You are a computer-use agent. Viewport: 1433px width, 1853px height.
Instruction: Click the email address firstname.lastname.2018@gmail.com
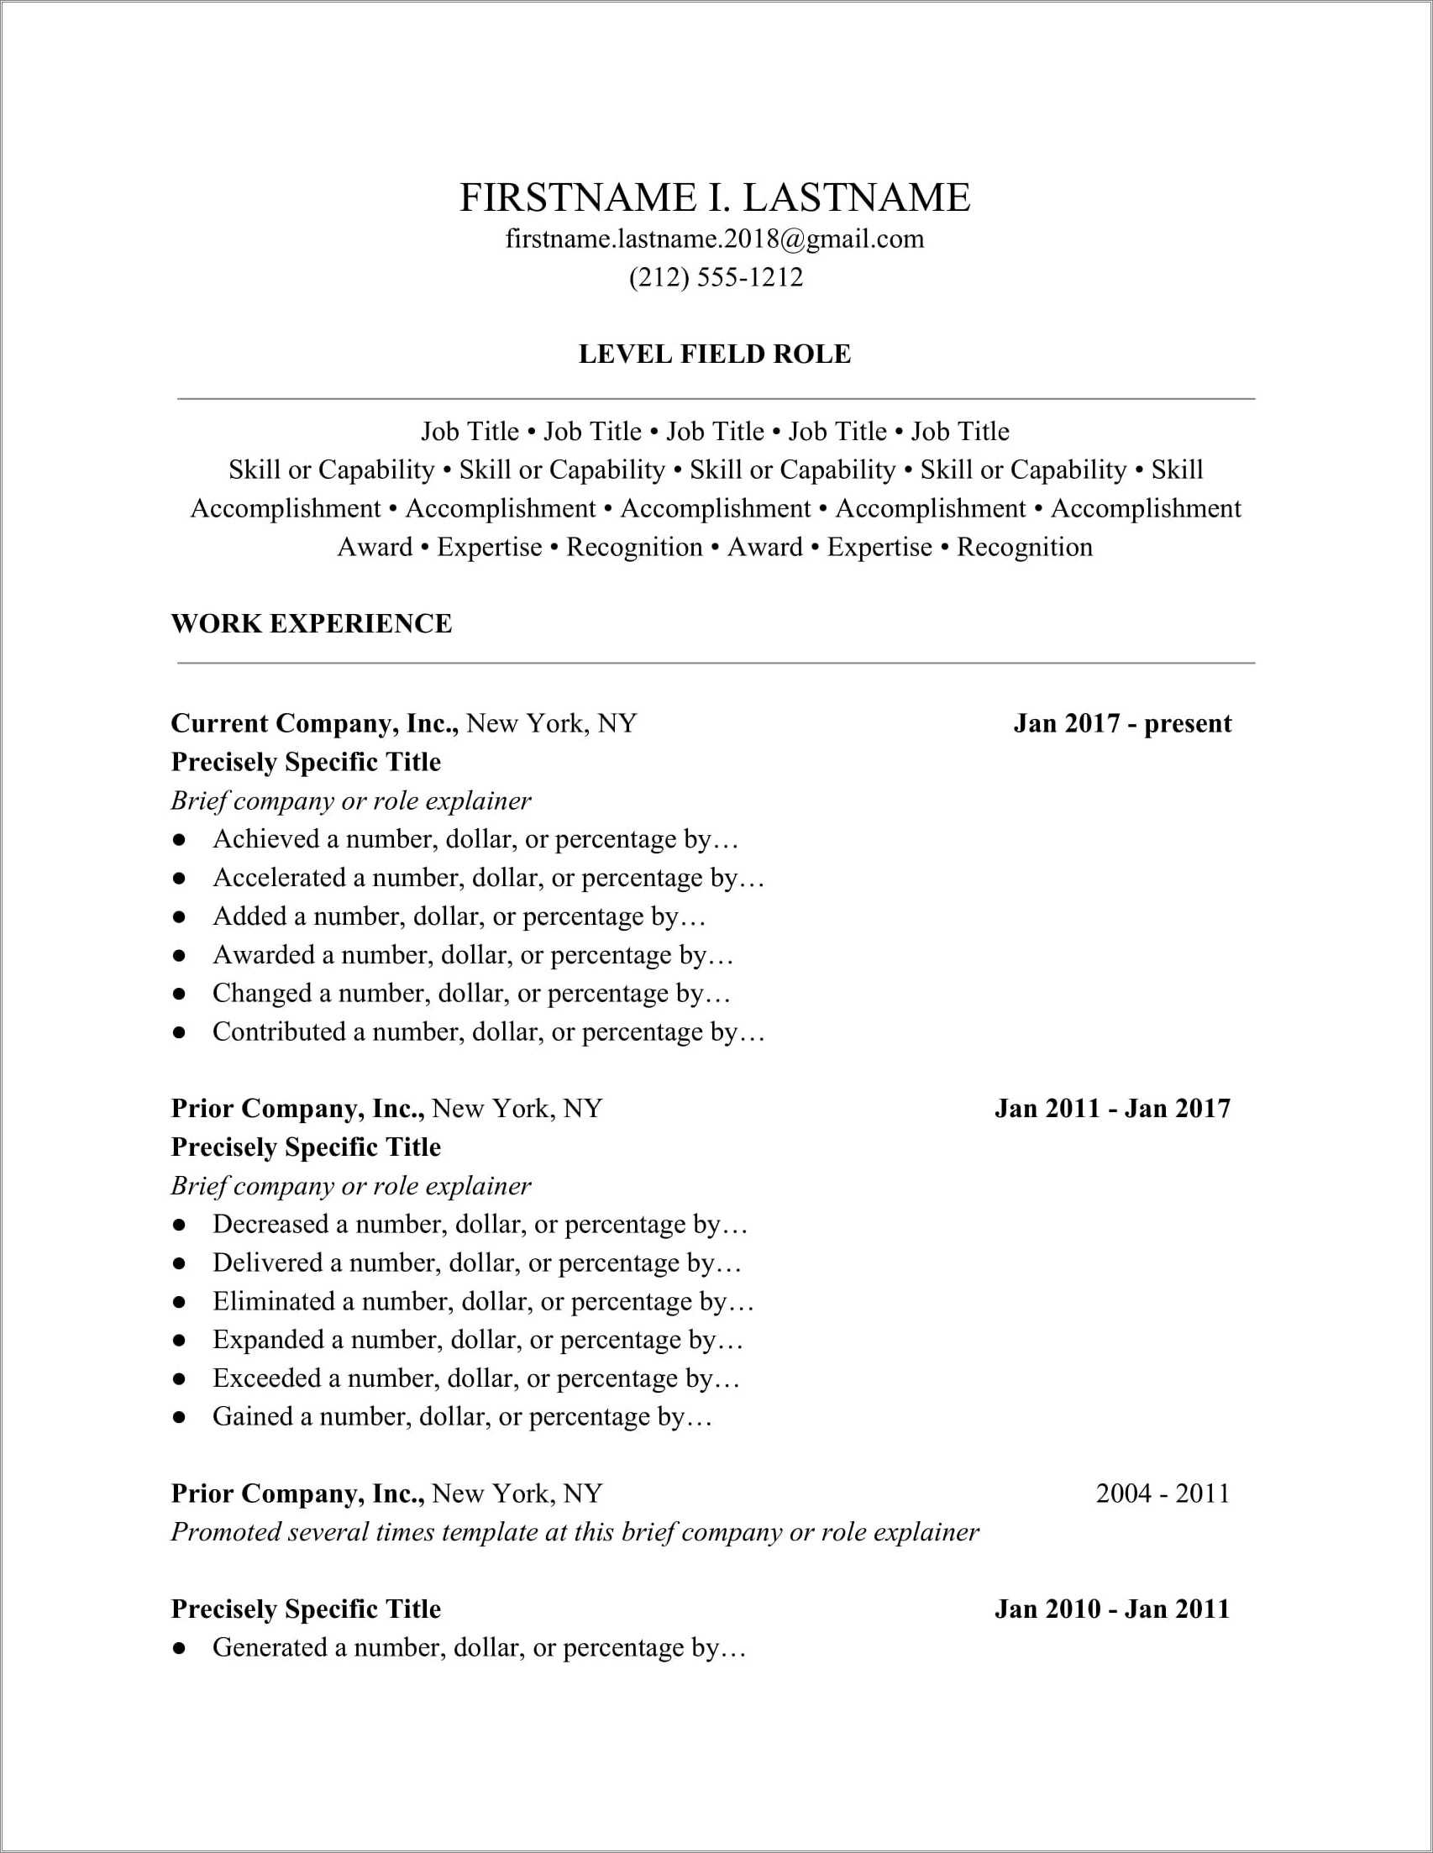[714, 239]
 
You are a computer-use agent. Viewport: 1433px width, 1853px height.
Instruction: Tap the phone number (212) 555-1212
[715, 277]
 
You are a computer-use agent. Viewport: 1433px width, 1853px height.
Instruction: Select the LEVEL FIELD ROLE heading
[714, 354]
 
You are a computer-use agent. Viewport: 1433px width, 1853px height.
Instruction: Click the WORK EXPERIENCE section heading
[312, 623]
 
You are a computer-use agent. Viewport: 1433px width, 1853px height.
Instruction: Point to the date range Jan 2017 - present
[1121, 724]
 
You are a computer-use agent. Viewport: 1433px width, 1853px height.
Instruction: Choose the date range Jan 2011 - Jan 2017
[1111, 1109]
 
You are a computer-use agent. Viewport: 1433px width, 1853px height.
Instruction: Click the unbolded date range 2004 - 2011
[1163, 1493]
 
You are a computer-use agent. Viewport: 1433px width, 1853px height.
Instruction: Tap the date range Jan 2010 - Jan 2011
[1111, 1609]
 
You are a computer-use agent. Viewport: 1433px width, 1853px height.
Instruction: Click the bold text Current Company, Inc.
[315, 724]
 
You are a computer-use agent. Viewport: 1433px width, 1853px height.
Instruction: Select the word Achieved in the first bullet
[265, 839]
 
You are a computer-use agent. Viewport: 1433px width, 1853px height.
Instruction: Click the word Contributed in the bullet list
[279, 1031]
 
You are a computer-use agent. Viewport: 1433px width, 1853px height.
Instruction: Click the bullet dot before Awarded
[178, 955]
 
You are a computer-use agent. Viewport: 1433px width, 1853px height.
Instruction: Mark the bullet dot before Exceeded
[178, 1378]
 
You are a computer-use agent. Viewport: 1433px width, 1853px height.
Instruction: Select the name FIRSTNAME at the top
[577, 197]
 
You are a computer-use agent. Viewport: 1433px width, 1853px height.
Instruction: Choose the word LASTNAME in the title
[856, 197]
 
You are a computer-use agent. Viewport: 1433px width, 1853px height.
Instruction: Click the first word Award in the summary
[374, 547]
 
